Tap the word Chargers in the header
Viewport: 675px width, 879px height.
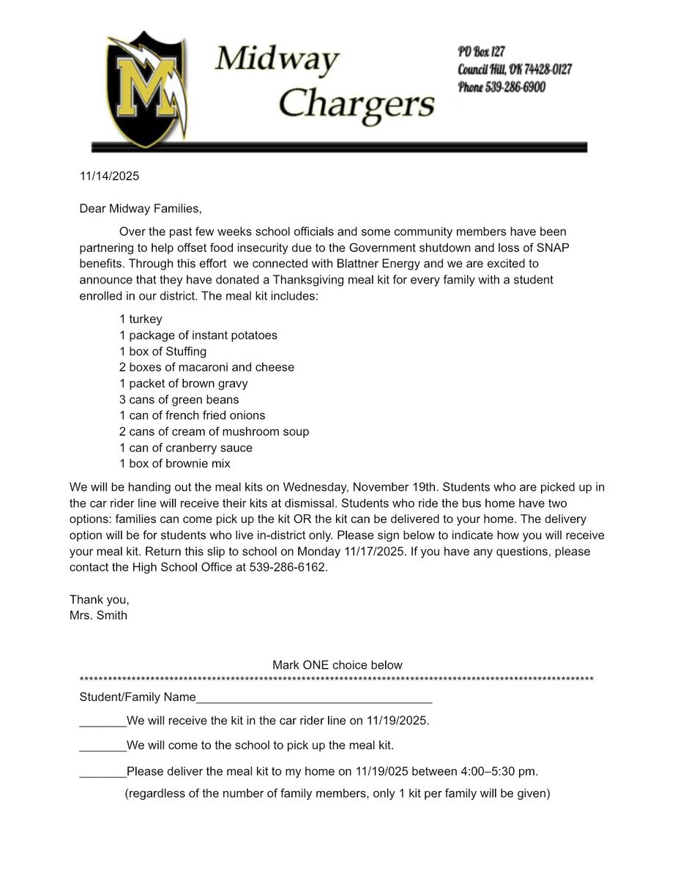(x=356, y=103)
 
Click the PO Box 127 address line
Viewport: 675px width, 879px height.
(x=482, y=52)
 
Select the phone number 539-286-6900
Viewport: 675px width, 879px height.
(x=515, y=87)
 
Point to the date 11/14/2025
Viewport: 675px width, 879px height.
(x=109, y=177)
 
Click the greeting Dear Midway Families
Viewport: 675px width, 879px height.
(x=140, y=209)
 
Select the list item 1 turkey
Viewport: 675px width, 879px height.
(x=141, y=319)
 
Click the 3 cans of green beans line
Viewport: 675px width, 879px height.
(x=179, y=400)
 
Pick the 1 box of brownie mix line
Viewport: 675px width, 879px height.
(x=174, y=464)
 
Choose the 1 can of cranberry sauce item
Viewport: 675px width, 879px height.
(x=185, y=448)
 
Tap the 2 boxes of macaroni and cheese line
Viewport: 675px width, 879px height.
(x=206, y=368)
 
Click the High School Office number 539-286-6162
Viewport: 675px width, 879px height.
(x=281, y=568)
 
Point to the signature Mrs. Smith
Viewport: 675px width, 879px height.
(x=98, y=615)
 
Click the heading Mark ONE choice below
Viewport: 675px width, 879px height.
(x=337, y=665)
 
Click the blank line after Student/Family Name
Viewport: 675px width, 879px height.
(x=314, y=698)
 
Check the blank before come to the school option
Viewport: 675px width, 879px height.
(x=102, y=746)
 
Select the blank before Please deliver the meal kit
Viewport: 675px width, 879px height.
(x=102, y=772)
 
